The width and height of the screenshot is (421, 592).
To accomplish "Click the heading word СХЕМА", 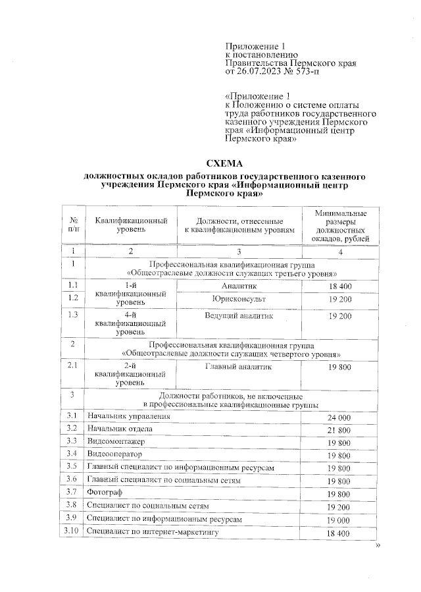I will [x=225, y=163].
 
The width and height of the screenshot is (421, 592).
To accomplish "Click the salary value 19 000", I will [x=339, y=520].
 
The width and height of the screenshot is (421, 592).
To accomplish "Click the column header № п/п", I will [x=72, y=225].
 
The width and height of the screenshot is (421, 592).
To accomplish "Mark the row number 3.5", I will [x=72, y=467].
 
